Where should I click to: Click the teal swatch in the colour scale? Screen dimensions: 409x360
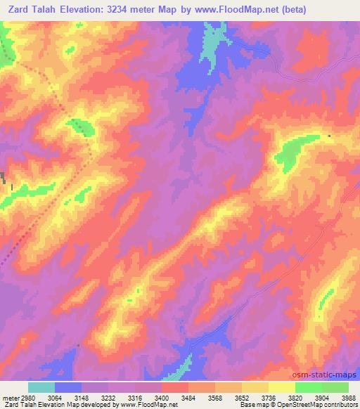tap(41, 388)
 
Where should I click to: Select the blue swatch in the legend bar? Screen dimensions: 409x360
tap(68, 388)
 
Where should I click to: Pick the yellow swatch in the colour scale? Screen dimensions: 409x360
tap(282, 388)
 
